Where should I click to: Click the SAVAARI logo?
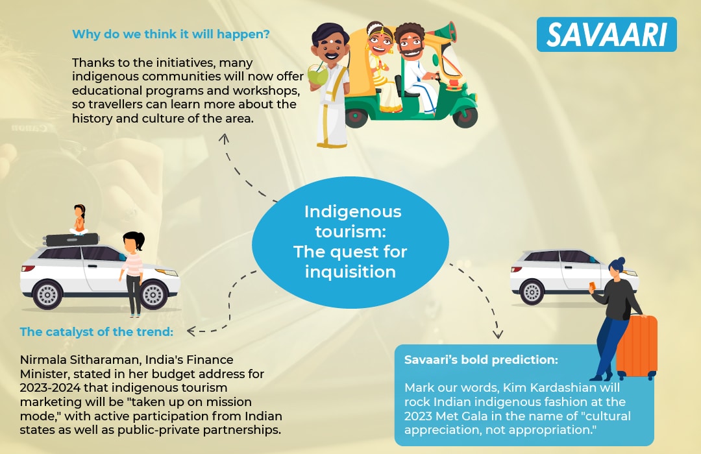pyautogui.click(x=606, y=34)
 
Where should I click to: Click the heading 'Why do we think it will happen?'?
pyautogui.click(x=171, y=34)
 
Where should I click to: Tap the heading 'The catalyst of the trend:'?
pyautogui.click(x=97, y=331)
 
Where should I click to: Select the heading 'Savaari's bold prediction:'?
pyautogui.click(x=481, y=360)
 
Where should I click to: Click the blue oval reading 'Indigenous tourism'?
pyautogui.click(x=350, y=242)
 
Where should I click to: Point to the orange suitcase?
pyautogui.click(x=637, y=347)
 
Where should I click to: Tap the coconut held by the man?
pyautogui.click(x=318, y=76)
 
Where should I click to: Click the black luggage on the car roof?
pyautogui.click(x=71, y=239)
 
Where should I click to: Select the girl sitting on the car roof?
pyautogui.click(x=79, y=219)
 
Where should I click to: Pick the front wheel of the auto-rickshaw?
pyautogui.click(x=465, y=115)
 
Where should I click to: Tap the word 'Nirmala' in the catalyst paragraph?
pyautogui.click(x=45, y=360)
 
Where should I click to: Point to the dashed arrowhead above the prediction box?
pyautogui.click(x=498, y=334)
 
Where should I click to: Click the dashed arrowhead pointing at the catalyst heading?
pyautogui.click(x=191, y=331)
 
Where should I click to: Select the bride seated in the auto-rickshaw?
pyautogui.click(x=382, y=67)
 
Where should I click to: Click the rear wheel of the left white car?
pyautogui.click(x=47, y=295)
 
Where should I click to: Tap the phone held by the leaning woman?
pyautogui.click(x=593, y=285)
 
